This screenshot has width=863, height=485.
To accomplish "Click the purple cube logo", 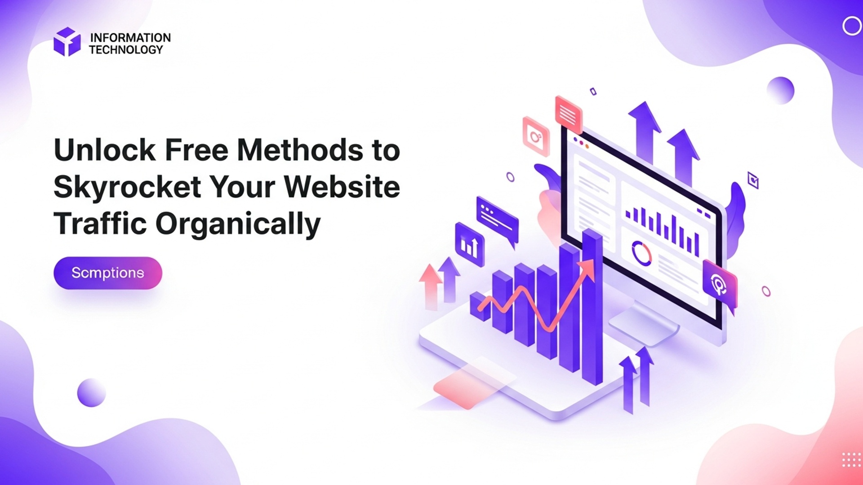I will pos(67,42).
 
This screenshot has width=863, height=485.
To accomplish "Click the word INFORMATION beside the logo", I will pos(130,37).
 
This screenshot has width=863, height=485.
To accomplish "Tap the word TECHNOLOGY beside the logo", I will pos(126,49).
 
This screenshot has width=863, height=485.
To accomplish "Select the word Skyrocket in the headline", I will pos(127,187).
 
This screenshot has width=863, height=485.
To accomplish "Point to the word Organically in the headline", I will pos(238,224).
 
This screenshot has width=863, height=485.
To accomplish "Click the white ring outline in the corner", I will pos(851,26).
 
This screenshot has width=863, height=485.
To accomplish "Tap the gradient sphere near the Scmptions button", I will pos(91,392).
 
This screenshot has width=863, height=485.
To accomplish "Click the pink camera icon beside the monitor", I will pos(536,137).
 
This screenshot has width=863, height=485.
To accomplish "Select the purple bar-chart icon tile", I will pos(470,245).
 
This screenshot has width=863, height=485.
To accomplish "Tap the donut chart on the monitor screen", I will pos(641,253).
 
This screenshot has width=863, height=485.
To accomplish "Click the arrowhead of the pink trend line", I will pos(587,269).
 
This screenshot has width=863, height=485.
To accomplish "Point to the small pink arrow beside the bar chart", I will pos(431,283).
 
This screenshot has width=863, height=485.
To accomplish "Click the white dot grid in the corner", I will pos(851,460).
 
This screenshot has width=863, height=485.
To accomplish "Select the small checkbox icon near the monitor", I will pos(753,180).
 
